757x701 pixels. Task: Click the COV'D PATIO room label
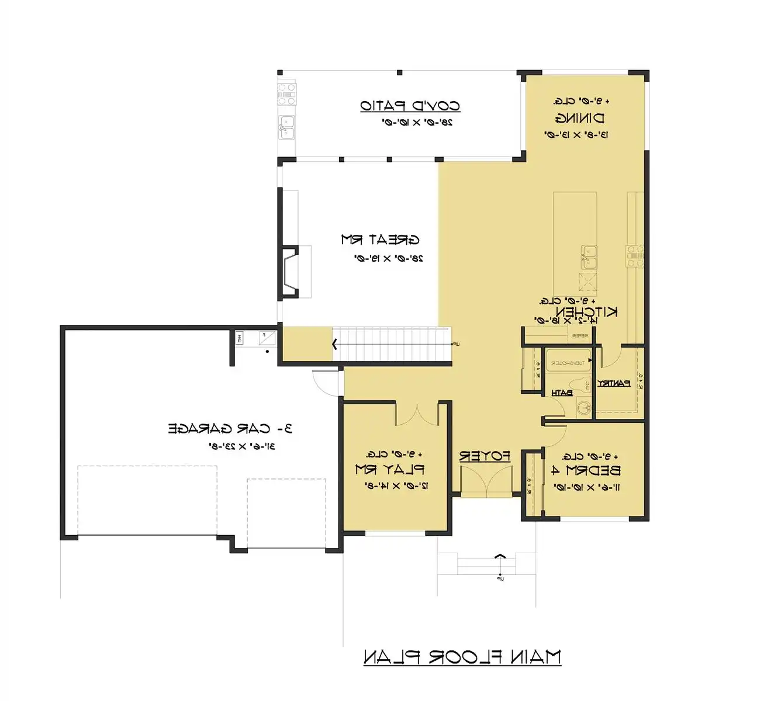click(410, 106)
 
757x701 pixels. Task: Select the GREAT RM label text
click(380, 240)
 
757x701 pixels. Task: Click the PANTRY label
click(613, 383)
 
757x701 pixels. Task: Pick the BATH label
click(562, 393)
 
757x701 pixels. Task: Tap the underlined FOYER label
click(485, 456)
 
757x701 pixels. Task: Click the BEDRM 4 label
click(586, 470)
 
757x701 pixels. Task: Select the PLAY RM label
click(389, 469)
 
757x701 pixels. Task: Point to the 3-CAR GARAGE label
click(230, 429)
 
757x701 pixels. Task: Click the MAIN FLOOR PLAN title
click(462, 657)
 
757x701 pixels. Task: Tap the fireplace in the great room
click(291, 272)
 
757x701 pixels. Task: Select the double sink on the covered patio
click(286, 126)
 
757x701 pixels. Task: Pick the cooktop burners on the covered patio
click(286, 93)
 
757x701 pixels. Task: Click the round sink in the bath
click(583, 407)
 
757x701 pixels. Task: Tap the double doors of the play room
click(416, 414)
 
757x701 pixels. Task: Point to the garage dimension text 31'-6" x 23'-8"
click(242, 446)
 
